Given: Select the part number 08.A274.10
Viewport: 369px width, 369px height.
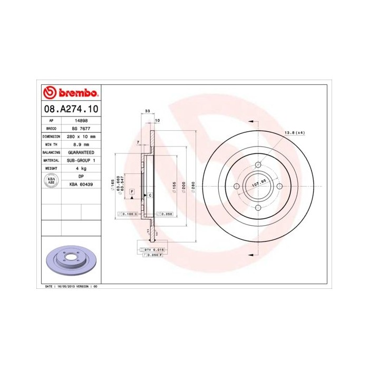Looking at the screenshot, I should click(x=70, y=109).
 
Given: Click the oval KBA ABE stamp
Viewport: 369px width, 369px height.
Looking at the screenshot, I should click(x=52, y=180).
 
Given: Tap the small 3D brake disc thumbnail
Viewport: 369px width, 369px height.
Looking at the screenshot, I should click(x=70, y=260).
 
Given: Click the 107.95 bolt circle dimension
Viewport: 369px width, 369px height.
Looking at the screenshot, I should click(x=258, y=185).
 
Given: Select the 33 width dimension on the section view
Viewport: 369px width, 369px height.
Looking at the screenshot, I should click(x=147, y=111).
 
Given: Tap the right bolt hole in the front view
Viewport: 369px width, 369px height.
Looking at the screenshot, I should click(x=279, y=185).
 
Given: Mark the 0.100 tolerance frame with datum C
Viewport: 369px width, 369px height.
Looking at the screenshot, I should click(x=128, y=215).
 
